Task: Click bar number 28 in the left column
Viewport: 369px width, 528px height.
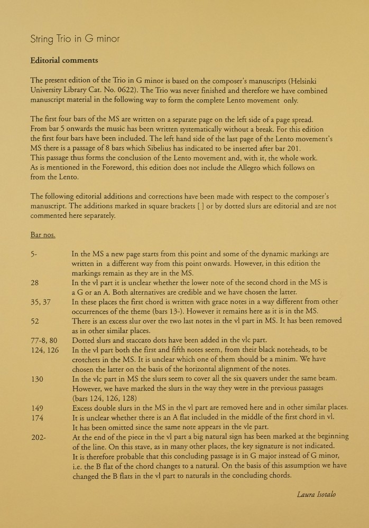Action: point(35,282)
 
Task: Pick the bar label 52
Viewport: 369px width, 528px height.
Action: point(35,320)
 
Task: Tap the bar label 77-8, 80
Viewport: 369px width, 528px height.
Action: point(44,340)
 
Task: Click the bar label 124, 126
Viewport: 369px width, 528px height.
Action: point(45,350)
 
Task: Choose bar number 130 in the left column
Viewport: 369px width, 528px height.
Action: point(37,379)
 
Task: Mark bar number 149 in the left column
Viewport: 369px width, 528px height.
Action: point(37,407)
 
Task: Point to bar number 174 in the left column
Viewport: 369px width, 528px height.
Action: point(37,417)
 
